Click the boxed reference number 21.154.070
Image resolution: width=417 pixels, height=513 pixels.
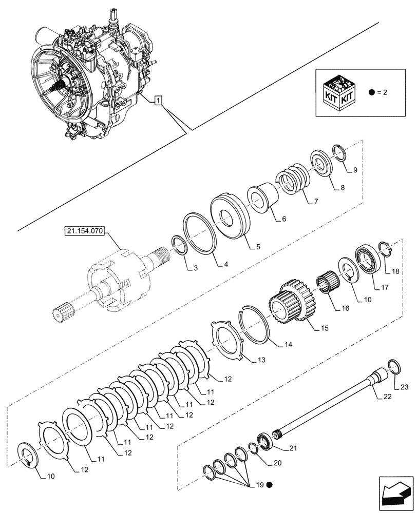(x=85, y=232)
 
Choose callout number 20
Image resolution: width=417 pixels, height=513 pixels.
(x=277, y=463)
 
